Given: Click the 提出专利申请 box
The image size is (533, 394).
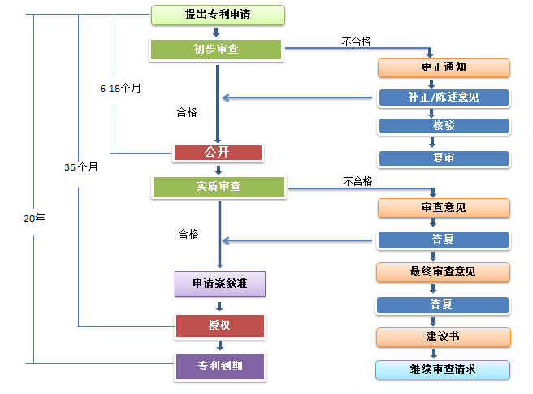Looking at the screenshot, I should point(218,15).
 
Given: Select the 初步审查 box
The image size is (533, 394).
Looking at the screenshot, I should point(216,49).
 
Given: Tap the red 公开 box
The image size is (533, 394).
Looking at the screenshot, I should point(218,153).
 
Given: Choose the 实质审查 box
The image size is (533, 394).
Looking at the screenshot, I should point(219,187).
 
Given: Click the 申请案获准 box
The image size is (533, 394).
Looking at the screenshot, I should point(219,284).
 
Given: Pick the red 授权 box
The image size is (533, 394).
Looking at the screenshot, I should point(219,327).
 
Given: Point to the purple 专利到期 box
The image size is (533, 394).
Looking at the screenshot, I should point(219,366).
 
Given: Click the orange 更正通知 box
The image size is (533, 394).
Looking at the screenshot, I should point(444,67).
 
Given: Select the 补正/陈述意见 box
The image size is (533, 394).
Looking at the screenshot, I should point(444,97).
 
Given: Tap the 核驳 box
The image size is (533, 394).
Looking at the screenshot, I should point(444,126).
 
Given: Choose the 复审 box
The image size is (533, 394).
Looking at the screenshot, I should point(444,158).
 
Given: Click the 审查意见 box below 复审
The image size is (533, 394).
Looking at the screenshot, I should point(444,208).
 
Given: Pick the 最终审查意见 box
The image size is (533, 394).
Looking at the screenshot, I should point(444,271).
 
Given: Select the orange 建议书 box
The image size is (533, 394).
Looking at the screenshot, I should point(444,336).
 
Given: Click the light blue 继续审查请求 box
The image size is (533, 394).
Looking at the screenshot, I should point(444,370).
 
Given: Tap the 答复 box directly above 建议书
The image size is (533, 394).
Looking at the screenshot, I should point(444,305).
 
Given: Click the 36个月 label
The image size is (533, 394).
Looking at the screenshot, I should point(81,167).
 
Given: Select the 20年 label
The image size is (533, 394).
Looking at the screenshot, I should point(34,218).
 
